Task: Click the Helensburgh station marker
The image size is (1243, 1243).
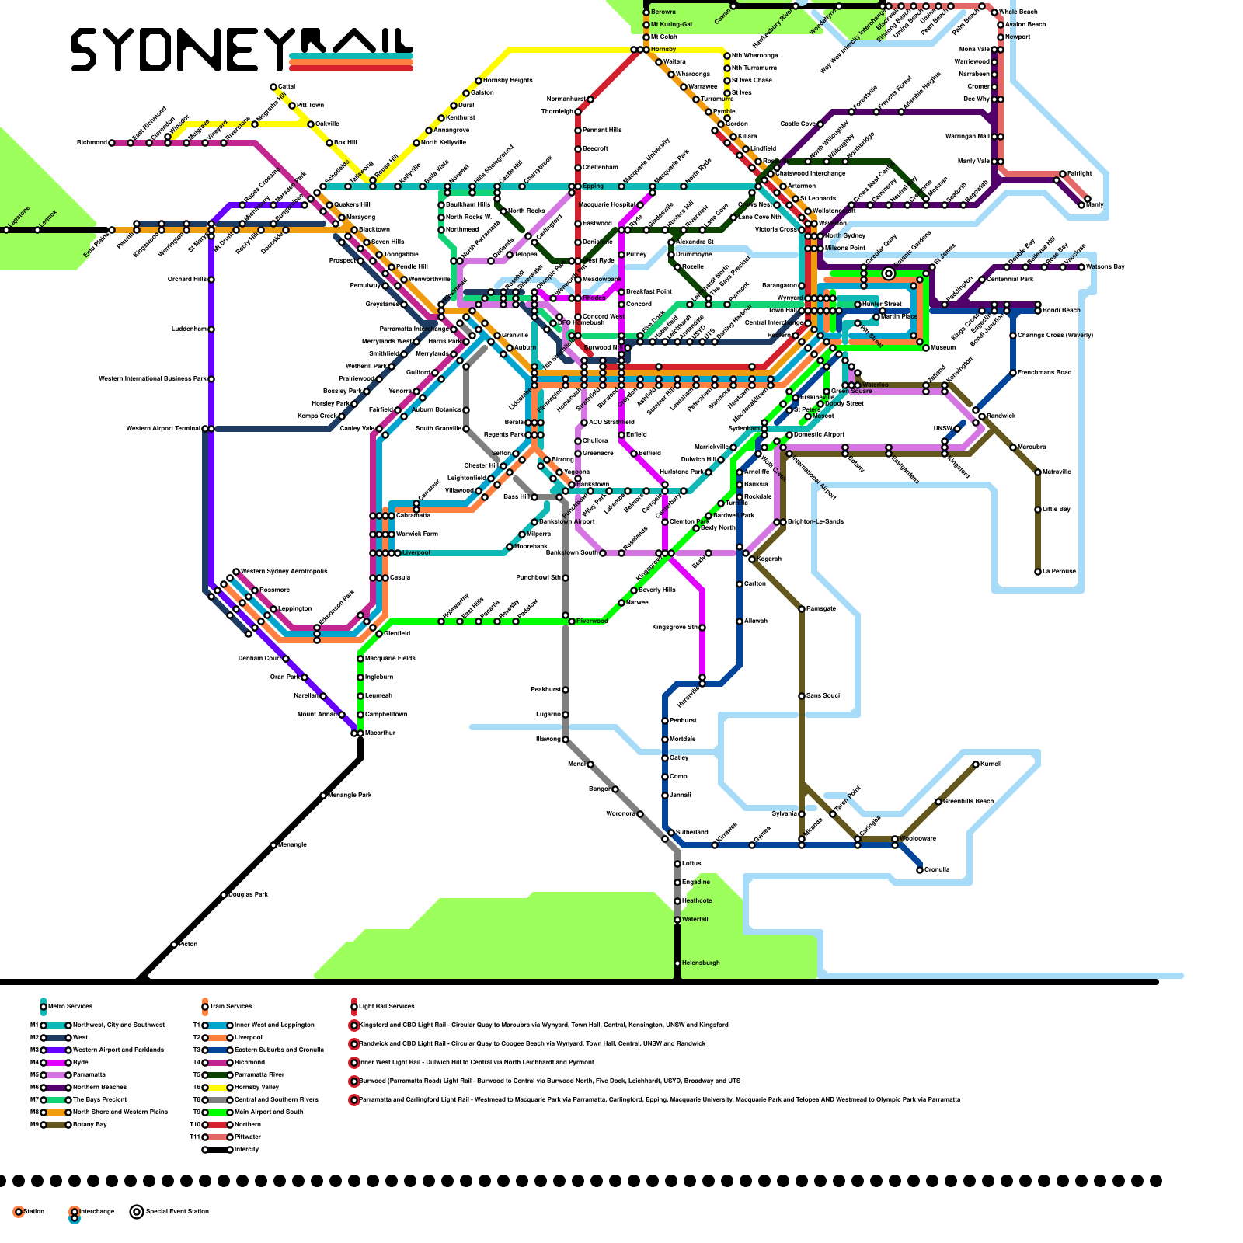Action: click(x=677, y=963)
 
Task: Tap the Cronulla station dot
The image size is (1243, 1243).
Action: click(x=920, y=870)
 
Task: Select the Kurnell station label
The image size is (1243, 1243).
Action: click(x=991, y=764)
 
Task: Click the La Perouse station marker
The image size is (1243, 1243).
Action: click(x=1038, y=572)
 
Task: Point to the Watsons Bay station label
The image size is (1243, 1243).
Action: click(x=1105, y=267)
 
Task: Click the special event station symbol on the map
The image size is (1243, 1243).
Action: click(x=889, y=273)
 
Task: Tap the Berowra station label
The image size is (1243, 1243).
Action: click(x=663, y=12)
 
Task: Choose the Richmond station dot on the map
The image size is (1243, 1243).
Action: click(x=112, y=143)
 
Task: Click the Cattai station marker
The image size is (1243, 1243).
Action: click(x=273, y=87)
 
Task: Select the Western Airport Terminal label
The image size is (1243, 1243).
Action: click(x=163, y=428)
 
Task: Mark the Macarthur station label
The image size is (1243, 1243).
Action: click(x=380, y=733)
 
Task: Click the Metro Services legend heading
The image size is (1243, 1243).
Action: click(x=70, y=1006)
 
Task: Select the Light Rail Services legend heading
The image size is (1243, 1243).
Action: click(x=386, y=1006)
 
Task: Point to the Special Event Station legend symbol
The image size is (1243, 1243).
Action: click(x=137, y=1211)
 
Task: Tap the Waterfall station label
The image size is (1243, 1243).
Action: click(x=695, y=919)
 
